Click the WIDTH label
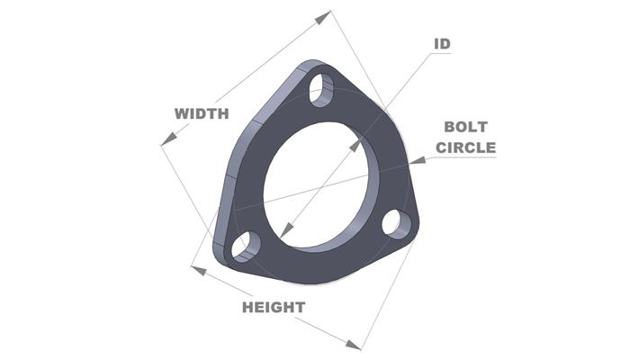pyautogui.click(x=202, y=113)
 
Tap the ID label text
pyautogui.click(x=442, y=43)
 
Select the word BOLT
pyautogui.click(x=465, y=129)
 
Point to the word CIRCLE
pyautogui.click(x=465, y=148)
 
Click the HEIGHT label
pyautogui.click(x=273, y=307)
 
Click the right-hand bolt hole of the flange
pyautogui.click(x=395, y=223)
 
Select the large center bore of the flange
pyautogui.click(x=315, y=180)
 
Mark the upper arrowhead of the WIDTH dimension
pyautogui.click(x=325, y=15)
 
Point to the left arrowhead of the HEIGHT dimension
pyautogui.click(x=197, y=269)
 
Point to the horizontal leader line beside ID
pyautogui.click(x=440, y=54)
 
